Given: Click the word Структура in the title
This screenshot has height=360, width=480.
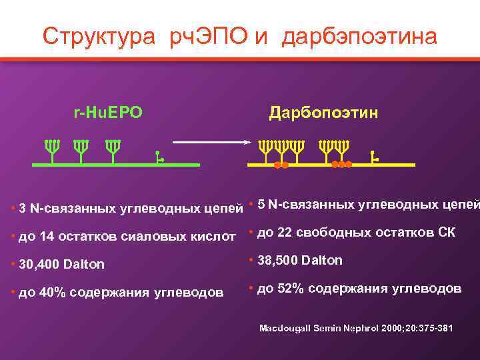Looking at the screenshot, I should point(95,36).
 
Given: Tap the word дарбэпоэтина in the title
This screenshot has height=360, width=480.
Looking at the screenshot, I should point(359,36).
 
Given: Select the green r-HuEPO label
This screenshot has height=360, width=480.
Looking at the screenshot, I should point(107,113).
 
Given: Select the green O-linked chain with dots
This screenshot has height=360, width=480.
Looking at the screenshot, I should point(159,157).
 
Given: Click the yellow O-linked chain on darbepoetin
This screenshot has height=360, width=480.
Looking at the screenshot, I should point(374,157).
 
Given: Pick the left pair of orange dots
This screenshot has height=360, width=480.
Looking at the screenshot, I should point(281,165).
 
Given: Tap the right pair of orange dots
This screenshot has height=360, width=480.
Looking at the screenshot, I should point(341,165).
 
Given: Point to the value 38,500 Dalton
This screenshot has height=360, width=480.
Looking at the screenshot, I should point(299,260).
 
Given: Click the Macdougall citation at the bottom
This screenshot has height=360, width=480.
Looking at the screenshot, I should point(355,329).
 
